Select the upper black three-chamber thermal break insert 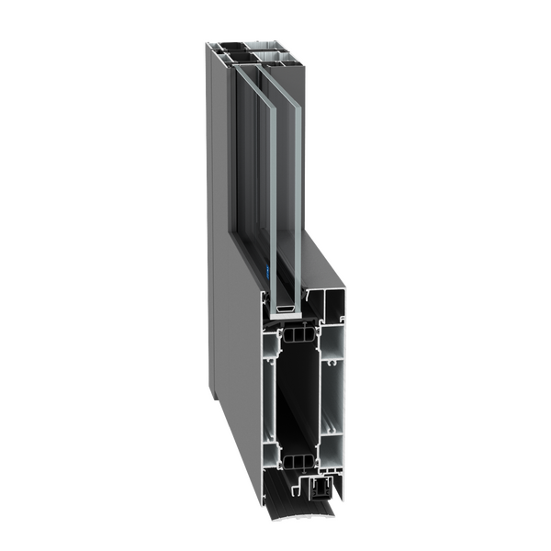coord(296,335)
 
